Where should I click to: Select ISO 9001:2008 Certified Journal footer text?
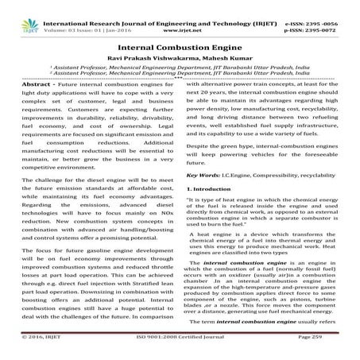[179, 350]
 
